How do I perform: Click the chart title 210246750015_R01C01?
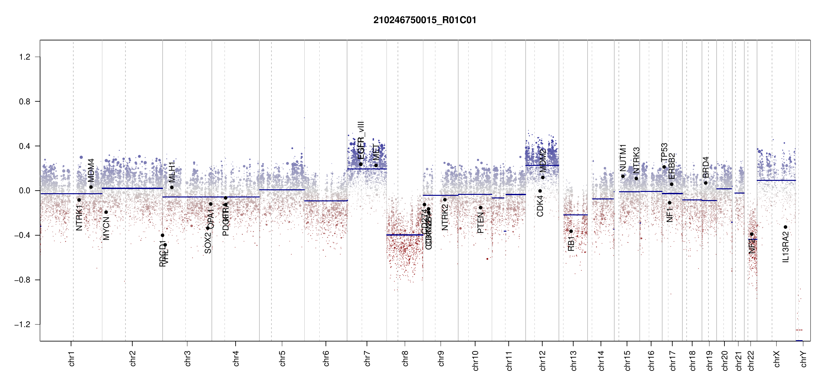(x=425, y=20)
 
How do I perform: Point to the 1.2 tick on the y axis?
(x=25, y=57)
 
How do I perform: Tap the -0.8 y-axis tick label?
(x=22, y=280)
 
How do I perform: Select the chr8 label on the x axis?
(x=405, y=358)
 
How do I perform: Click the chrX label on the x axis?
(x=777, y=359)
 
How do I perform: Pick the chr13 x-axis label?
(x=573, y=360)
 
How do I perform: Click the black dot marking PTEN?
(x=480, y=208)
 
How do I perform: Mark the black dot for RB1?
(x=571, y=231)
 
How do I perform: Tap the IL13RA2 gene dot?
(x=785, y=227)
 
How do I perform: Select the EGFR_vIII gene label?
(x=361, y=140)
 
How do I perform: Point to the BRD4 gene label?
(x=706, y=167)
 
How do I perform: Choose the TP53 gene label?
(x=664, y=152)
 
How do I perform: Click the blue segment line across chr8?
(x=405, y=235)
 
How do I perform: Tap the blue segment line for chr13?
(x=575, y=215)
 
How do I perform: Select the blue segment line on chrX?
(x=776, y=180)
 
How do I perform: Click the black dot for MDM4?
(x=91, y=187)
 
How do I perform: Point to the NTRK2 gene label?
(x=445, y=217)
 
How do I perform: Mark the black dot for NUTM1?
(x=623, y=176)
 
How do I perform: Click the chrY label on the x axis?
(x=803, y=359)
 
